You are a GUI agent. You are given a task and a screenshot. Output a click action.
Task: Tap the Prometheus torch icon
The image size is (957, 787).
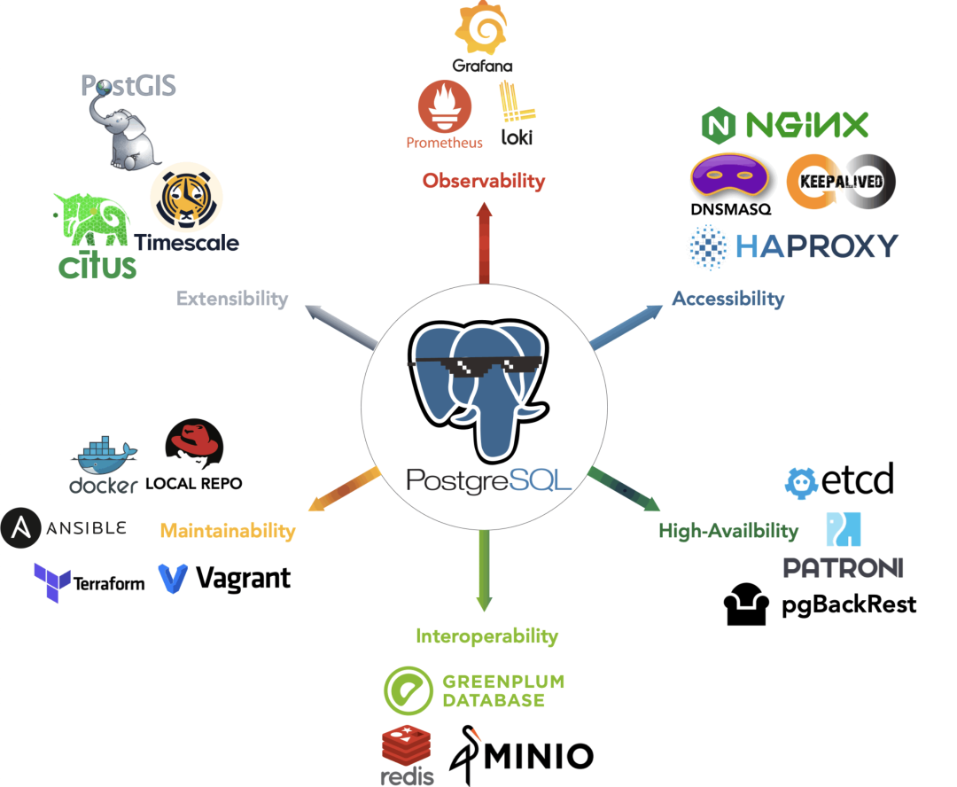tap(444, 105)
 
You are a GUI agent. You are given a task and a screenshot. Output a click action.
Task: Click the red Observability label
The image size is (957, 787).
tap(483, 181)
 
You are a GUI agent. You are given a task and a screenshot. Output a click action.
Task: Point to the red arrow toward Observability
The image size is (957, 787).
tap(484, 248)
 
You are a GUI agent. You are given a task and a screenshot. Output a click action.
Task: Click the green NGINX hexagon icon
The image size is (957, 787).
tap(718, 126)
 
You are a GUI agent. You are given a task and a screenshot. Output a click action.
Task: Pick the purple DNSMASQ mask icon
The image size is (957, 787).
tap(730, 176)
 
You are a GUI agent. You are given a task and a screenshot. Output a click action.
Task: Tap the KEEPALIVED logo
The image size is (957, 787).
tap(842, 178)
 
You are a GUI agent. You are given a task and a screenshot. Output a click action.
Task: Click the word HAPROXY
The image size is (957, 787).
tap(816, 245)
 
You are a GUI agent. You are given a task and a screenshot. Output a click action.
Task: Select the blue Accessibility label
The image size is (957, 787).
tap(727, 298)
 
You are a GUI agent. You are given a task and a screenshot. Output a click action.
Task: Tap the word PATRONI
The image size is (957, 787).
tap(843, 567)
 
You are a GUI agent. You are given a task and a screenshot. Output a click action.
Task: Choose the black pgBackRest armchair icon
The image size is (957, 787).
tap(745, 605)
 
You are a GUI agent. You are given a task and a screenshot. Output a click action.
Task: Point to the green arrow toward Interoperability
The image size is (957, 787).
tap(484, 567)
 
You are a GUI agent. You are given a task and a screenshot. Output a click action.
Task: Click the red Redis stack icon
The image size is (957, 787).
tap(407, 745)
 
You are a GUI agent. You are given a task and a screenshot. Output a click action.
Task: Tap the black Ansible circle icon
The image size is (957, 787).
tap(20, 528)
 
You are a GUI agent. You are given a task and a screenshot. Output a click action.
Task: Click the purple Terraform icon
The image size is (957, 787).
tap(51, 582)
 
